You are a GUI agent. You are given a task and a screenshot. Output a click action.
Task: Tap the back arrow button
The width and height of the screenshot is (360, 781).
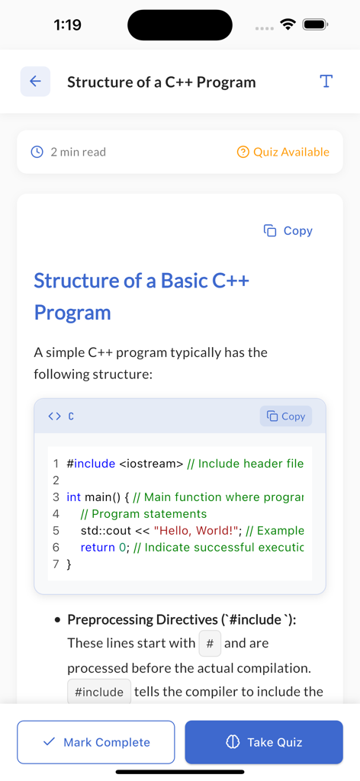click(35, 82)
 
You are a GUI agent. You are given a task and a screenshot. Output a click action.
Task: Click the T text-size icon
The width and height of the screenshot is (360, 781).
click(326, 82)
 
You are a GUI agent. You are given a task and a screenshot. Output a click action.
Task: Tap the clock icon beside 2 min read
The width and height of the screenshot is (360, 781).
click(37, 152)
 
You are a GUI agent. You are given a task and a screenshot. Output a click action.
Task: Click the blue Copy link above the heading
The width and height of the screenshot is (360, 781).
click(288, 230)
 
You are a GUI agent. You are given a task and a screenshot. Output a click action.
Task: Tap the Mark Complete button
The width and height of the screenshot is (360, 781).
click(96, 742)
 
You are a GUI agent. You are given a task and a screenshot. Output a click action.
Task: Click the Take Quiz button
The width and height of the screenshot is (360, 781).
click(264, 742)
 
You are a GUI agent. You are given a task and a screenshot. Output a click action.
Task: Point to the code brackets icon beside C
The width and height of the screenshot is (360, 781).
click(54, 416)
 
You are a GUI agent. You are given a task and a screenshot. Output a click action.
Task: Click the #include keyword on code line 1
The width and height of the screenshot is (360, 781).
click(91, 464)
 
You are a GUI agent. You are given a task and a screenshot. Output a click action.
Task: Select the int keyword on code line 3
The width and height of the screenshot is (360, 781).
click(73, 497)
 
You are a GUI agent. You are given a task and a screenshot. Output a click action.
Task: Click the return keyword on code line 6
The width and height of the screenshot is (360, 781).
click(98, 548)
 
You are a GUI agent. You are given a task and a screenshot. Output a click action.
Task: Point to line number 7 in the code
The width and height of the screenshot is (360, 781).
click(56, 564)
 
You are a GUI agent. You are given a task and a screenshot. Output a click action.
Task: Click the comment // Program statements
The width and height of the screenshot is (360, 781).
click(143, 514)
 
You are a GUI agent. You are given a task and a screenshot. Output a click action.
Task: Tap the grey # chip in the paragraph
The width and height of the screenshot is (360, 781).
click(210, 644)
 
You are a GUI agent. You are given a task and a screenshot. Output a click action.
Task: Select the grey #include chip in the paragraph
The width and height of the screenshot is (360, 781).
click(99, 693)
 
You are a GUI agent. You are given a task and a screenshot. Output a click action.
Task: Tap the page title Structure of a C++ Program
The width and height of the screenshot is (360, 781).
click(162, 82)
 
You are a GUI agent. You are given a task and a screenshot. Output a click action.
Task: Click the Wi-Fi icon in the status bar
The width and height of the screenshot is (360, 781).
click(288, 24)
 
